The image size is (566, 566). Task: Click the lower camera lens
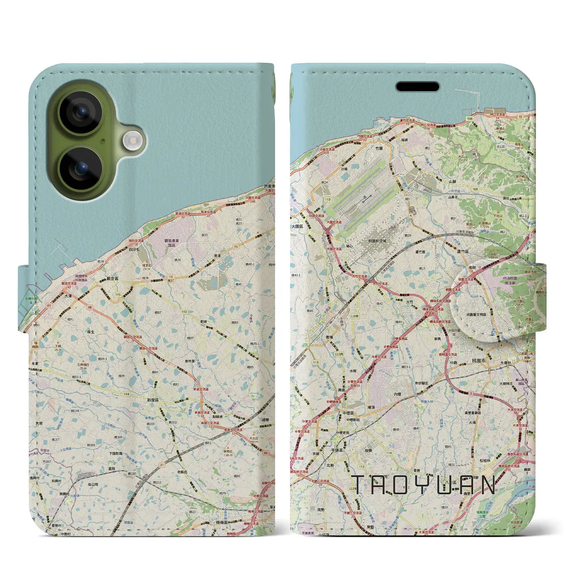pyautogui.click(x=80, y=168)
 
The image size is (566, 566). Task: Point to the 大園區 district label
pyautogui.click(x=298, y=226)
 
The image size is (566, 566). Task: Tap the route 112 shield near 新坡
pyautogui.click(x=184, y=312)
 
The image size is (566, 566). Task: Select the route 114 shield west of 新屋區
pyautogui.click(x=126, y=394)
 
